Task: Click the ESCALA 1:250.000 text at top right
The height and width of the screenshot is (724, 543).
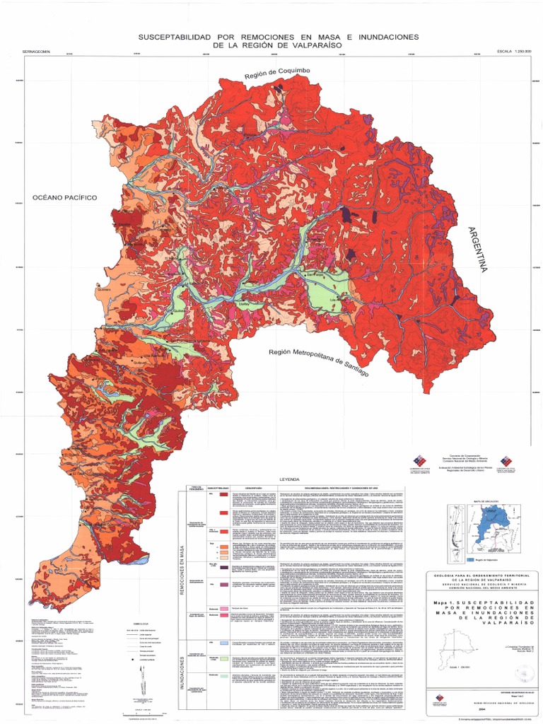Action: (x=514, y=52)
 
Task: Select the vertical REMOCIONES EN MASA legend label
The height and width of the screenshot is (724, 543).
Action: (x=181, y=568)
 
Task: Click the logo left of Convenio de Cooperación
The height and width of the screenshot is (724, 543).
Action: (x=419, y=464)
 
